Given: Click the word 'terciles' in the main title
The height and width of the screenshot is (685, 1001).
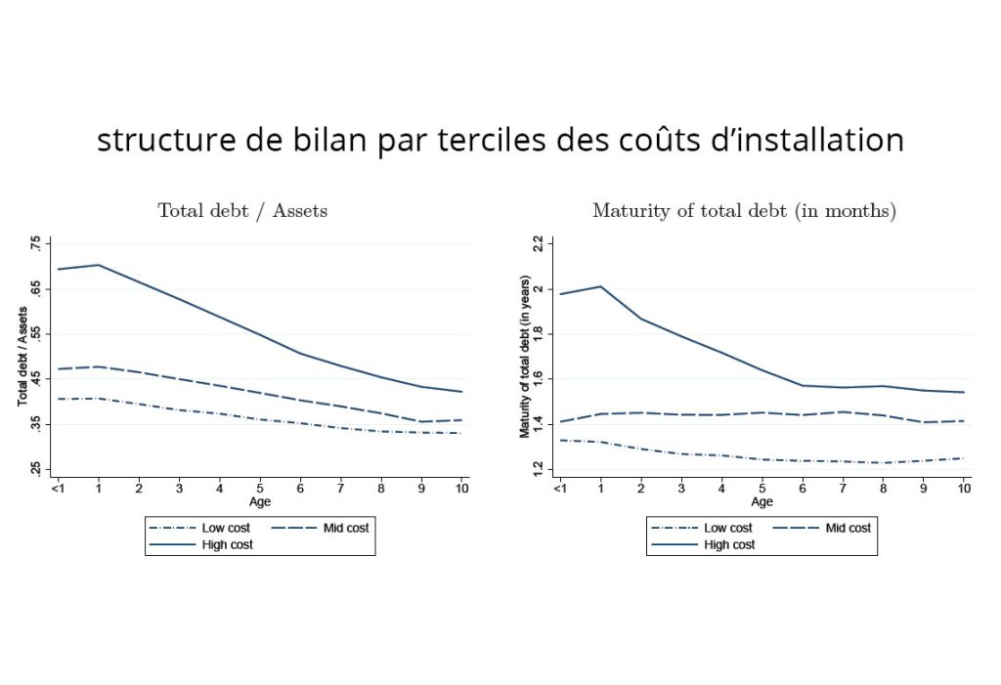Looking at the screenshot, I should point(496,140).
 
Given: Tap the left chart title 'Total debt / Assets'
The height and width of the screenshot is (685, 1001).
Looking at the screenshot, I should point(242,210).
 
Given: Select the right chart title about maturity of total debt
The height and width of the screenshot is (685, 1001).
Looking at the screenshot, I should point(744,210).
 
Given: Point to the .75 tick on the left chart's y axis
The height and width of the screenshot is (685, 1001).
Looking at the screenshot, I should point(36,243).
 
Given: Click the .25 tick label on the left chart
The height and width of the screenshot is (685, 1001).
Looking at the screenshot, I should point(36,469).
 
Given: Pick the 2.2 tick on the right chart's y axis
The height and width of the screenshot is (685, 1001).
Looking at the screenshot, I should point(538,243).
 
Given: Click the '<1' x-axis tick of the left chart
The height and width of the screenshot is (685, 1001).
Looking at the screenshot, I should point(58,487).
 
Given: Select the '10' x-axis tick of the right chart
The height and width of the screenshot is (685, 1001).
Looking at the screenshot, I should point(963,487).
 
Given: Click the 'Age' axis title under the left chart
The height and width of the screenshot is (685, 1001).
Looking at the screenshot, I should point(260,501).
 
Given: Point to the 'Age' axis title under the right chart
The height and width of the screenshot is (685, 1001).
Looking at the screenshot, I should point(762,501).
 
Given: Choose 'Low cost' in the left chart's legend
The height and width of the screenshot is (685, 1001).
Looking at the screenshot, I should point(226,528).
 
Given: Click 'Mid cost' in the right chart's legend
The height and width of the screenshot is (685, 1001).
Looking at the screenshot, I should point(848,528).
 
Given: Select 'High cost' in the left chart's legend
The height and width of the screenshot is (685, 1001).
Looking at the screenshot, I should point(227,544).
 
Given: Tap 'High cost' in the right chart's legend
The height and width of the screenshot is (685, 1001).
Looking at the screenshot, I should point(729,544).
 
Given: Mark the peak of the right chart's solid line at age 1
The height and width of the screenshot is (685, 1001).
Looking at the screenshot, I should point(599,286).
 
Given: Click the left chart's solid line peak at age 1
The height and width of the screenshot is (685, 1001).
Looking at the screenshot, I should point(99,265).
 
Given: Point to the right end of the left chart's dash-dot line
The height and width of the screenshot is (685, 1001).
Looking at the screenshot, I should point(461,433).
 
